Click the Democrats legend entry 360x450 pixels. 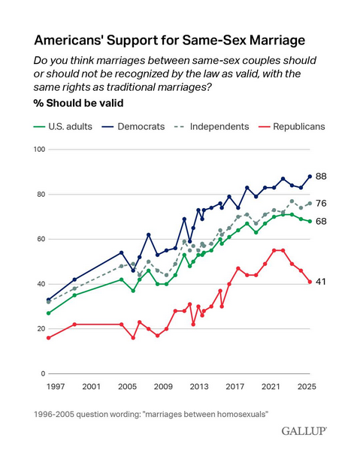click(x=134, y=126)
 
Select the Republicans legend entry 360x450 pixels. click(x=292, y=126)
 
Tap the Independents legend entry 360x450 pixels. click(x=212, y=126)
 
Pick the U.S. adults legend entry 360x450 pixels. click(x=63, y=126)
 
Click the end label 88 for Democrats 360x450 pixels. click(x=321, y=177)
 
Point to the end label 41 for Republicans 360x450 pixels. click(x=321, y=282)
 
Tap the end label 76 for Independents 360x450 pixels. click(x=321, y=203)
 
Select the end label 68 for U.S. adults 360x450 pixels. click(x=321, y=222)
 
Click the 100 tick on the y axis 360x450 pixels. click(x=39, y=149)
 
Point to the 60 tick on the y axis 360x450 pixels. click(x=41, y=239)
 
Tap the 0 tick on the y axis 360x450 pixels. click(x=43, y=373)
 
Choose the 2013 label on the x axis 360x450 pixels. click(x=199, y=387)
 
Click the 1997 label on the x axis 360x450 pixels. click(x=56, y=387)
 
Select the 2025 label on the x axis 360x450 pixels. click(x=307, y=387)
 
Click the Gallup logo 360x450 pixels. click(x=304, y=431)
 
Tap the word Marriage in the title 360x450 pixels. click(x=277, y=40)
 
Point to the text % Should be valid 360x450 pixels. click(x=78, y=103)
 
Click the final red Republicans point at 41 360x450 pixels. click(x=310, y=282)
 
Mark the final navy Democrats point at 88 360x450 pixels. click(x=310, y=177)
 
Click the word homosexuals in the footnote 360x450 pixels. click(x=242, y=415)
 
